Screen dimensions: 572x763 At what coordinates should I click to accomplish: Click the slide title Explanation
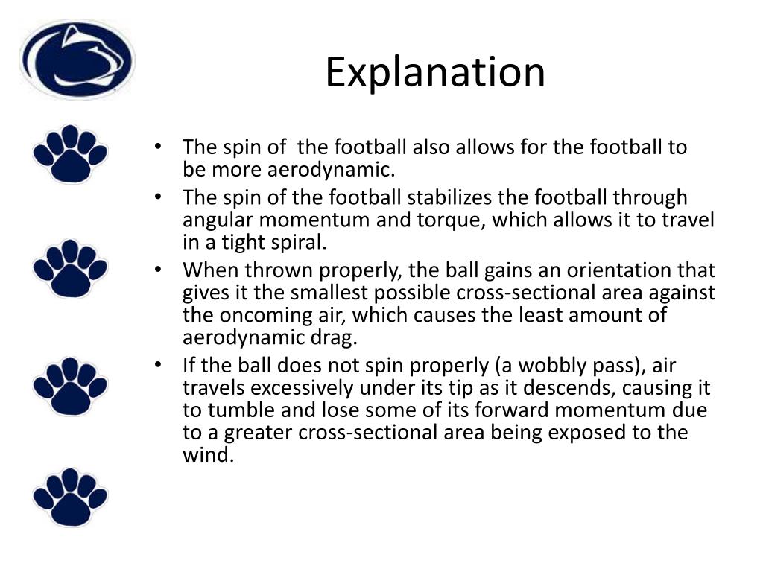coord(435,72)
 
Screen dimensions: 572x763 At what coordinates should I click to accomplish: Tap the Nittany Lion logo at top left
coord(77,60)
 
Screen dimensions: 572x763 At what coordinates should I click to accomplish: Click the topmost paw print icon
coord(70,153)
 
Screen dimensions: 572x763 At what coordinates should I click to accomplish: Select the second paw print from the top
coord(70,269)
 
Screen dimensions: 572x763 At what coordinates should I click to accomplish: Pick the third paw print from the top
coord(70,385)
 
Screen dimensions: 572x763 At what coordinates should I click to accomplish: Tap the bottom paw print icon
coord(70,497)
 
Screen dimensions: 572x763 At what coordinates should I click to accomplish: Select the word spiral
coord(297,243)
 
